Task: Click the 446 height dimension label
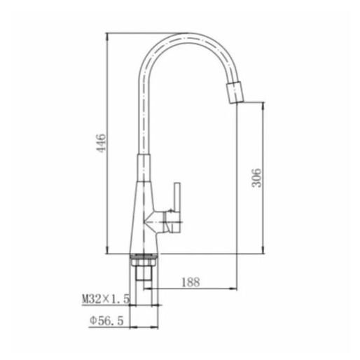coord(102,143)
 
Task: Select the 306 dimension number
coord(256,178)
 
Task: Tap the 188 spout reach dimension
coord(191,282)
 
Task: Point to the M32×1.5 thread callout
coord(106,298)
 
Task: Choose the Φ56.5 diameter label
coord(106,321)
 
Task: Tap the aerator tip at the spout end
coord(235,92)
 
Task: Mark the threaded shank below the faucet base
coord(144,273)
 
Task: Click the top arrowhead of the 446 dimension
coord(107,36)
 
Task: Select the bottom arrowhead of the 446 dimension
coord(107,250)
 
